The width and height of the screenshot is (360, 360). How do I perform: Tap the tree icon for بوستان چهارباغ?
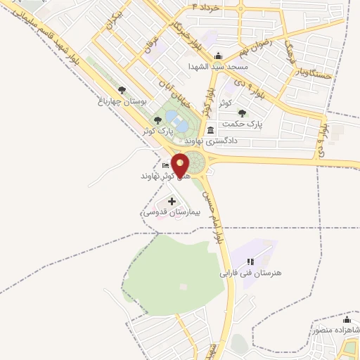[x=122, y=90]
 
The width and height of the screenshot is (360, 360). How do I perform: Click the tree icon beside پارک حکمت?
[x=242, y=112]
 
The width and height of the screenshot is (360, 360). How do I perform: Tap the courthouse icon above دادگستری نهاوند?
[x=212, y=130]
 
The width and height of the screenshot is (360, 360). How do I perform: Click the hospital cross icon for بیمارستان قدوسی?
[x=172, y=202]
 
